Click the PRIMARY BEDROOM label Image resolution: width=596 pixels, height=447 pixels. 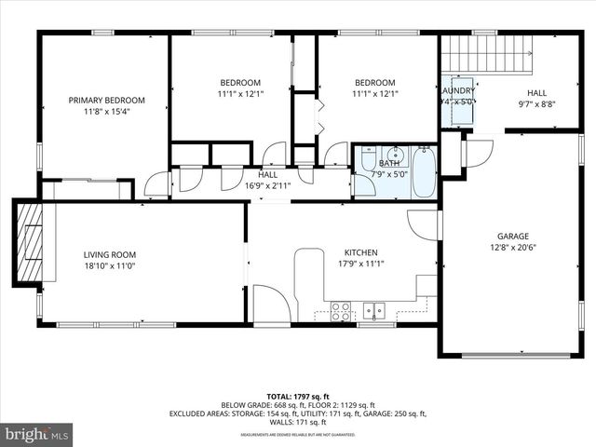pyautogui.click(x=107, y=100)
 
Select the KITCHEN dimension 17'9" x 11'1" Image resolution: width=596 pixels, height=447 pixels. pyautogui.click(x=360, y=264)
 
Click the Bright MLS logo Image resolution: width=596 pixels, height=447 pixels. pyautogui.click(x=37, y=434)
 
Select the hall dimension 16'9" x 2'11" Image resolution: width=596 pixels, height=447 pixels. pyautogui.click(x=268, y=185)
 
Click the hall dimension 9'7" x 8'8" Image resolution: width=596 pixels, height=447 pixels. pyautogui.click(x=537, y=105)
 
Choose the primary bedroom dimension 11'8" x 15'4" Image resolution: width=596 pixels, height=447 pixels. pyautogui.click(x=107, y=112)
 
